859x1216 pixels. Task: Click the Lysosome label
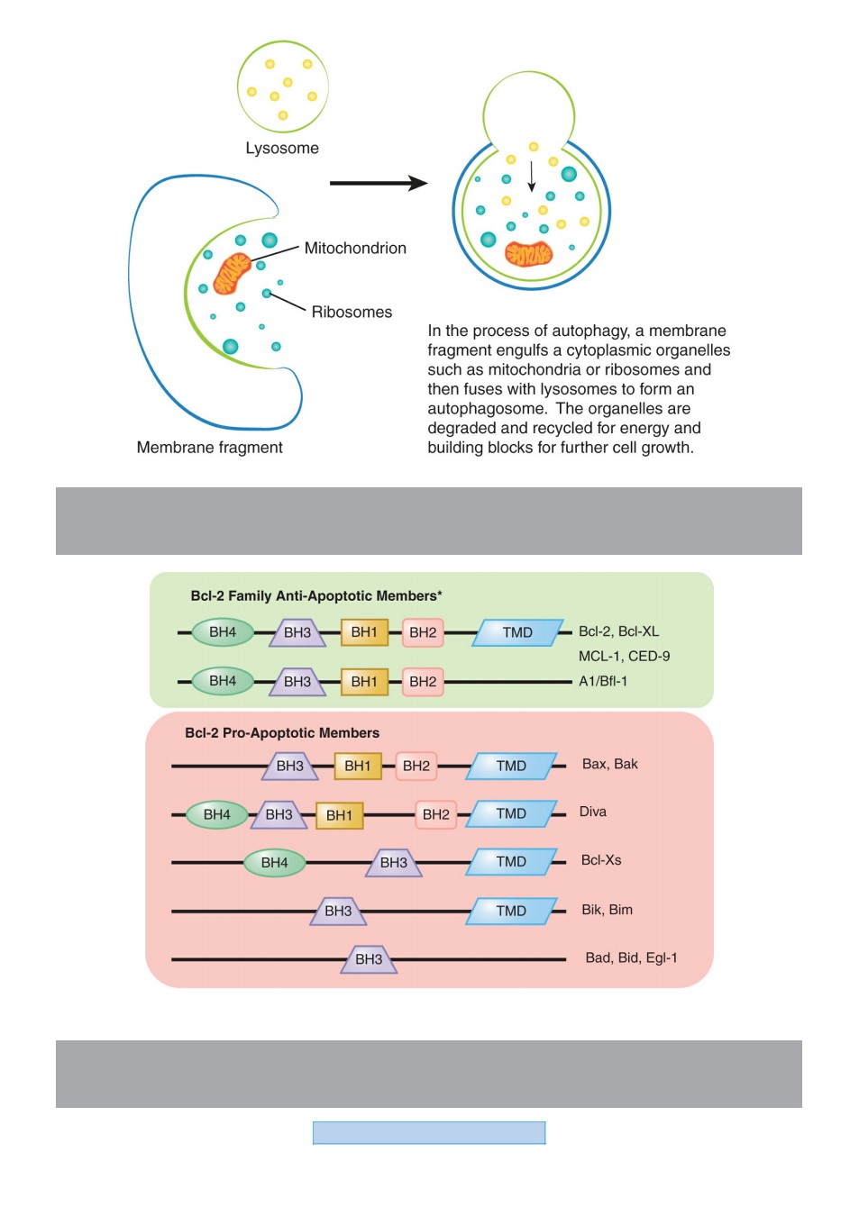(282, 148)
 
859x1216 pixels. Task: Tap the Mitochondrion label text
(355, 248)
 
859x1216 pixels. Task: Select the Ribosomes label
(352, 313)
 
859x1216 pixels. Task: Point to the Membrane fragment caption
(210, 448)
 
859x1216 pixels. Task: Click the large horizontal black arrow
(379, 183)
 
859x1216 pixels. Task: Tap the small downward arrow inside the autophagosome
(532, 177)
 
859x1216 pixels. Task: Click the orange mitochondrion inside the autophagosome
(529, 254)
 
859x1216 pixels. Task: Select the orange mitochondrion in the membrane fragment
(232, 274)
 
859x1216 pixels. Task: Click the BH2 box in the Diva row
(435, 814)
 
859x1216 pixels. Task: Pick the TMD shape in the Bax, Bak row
(511, 766)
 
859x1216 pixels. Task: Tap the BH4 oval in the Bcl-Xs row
(274, 862)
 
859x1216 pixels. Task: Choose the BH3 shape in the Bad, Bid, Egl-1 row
(369, 959)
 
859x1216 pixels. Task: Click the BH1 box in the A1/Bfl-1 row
(364, 681)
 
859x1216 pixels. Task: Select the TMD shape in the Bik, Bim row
(511, 911)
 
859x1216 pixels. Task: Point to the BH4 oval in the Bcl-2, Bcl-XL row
(223, 632)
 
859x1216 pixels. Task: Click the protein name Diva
(593, 812)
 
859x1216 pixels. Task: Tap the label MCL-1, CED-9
(624, 657)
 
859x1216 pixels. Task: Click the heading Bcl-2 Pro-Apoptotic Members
(282, 733)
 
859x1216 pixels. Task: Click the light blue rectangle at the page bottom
(429, 1133)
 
